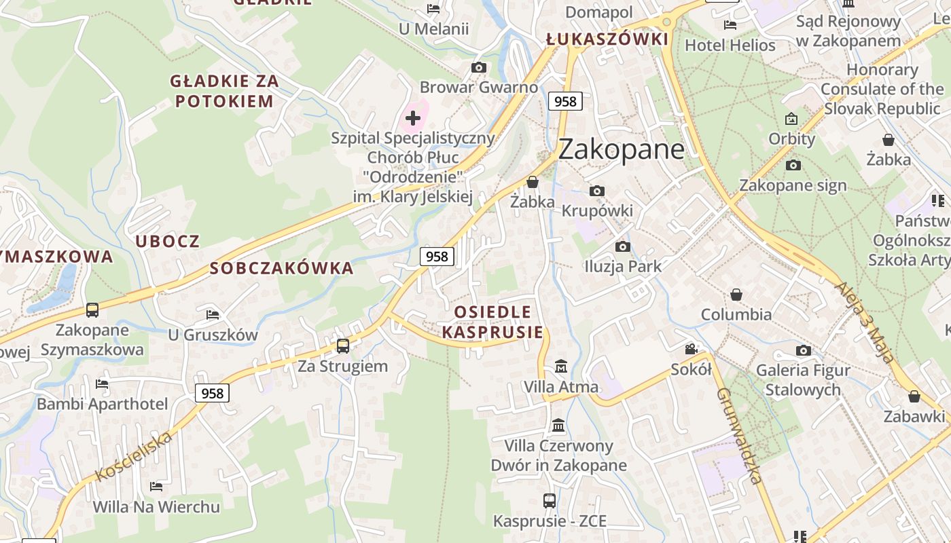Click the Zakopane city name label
pyautogui.click(x=621, y=149)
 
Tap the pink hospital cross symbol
pyautogui.click(x=413, y=118)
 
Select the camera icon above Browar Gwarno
pyautogui.click(x=479, y=67)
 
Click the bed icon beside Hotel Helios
pyautogui.click(x=730, y=25)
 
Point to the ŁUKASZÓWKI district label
pyautogui.click(x=607, y=39)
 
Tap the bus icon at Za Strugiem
pyautogui.click(x=343, y=346)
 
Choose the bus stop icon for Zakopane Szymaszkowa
pyautogui.click(x=92, y=310)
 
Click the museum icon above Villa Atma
pyautogui.click(x=561, y=367)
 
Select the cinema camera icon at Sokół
pyautogui.click(x=691, y=350)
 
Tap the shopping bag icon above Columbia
pyautogui.click(x=736, y=295)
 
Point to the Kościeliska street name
pyautogui.click(x=134, y=456)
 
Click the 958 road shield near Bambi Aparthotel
pyautogui.click(x=212, y=393)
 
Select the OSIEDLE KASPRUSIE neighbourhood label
pyautogui.click(x=492, y=322)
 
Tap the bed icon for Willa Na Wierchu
pyautogui.click(x=156, y=487)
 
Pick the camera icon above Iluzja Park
pyautogui.click(x=622, y=246)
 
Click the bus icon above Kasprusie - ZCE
pyautogui.click(x=550, y=501)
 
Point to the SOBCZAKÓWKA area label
pyautogui.click(x=282, y=268)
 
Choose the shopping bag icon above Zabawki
pyautogui.click(x=914, y=396)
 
